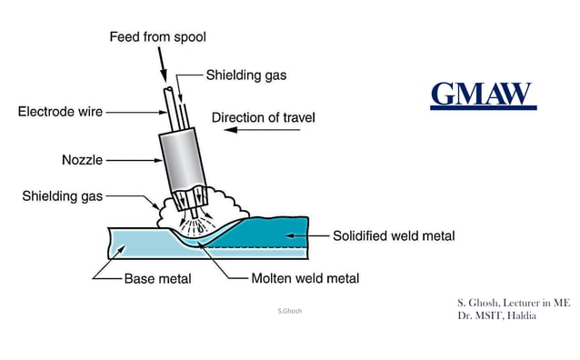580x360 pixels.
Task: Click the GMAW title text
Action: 482,93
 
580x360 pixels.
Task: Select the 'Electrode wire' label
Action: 60,112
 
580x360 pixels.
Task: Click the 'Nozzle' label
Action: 83,159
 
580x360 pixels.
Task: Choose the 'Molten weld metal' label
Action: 306,277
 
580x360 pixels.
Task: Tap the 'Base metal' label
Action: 158,277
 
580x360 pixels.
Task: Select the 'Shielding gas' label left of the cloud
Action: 62,195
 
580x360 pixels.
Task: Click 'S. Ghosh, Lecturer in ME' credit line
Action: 514,302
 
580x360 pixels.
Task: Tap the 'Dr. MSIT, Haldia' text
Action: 496,315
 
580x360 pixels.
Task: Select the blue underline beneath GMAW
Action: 483,107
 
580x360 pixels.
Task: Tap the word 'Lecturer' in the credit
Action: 515,302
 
